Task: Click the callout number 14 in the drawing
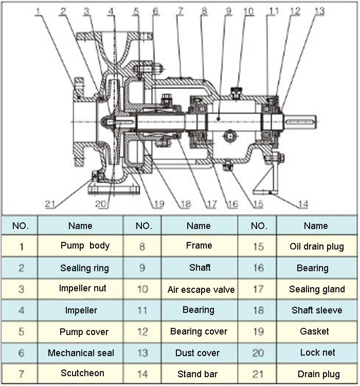click(x=303, y=204)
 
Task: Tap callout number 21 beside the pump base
click(x=50, y=204)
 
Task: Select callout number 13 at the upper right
click(x=319, y=11)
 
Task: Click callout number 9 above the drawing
click(x=228, y=11)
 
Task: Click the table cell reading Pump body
click(x=85, y=245)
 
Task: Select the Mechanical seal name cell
click(x=81, y=353)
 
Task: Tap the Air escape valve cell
click(x=201, y=289)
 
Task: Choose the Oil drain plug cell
click(x=316, y=247)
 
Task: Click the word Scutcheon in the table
click(x=82, y=373)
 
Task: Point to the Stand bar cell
click(x=197, y=374)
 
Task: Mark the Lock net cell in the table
click(x=317, y=353)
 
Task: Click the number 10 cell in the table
click(x=142, y=289)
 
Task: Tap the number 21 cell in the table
click(x=259, y=374)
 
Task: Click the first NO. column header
click(x=21, y=225)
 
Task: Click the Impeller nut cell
click(x=83, y=288)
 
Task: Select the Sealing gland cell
click(x=317, y=289)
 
